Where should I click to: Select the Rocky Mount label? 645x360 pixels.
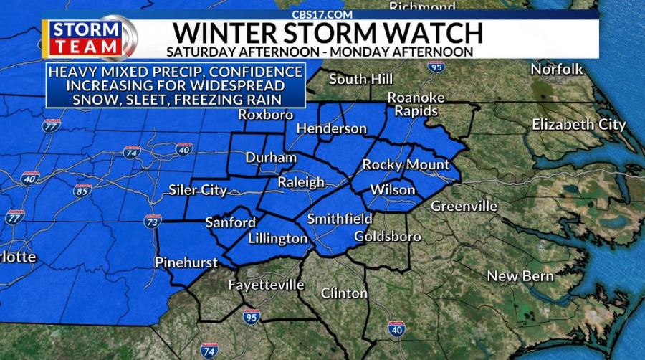[406, 165]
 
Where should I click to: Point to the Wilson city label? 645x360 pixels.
[392, 190]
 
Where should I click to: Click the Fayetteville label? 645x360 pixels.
[266, 285]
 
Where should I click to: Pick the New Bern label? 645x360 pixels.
[520, 276]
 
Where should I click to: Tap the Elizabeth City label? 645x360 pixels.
[579, 125]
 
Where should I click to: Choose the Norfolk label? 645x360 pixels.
[557, 70]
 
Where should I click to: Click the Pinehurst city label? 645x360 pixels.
[186, 263]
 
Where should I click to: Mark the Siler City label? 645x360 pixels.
[198, 191]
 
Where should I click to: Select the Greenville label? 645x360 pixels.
[464, 207]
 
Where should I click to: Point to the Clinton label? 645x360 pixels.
[344, 293]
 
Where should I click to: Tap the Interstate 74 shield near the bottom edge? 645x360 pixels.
[209, 351]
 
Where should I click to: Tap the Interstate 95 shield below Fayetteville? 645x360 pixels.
[250, 316]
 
